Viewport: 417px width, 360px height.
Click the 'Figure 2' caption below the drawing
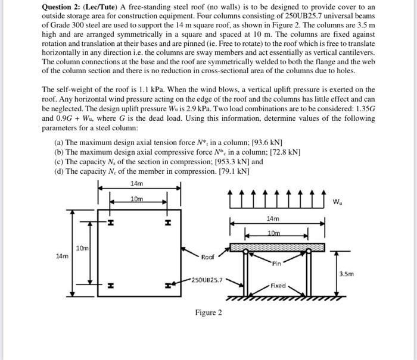click(x=208, y=312)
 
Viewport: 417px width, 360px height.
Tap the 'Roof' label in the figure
click(x=207, y=258)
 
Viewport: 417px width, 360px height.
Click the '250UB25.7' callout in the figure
click(x=207, y=279)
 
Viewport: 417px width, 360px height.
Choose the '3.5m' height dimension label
click(x=346, y=274)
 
